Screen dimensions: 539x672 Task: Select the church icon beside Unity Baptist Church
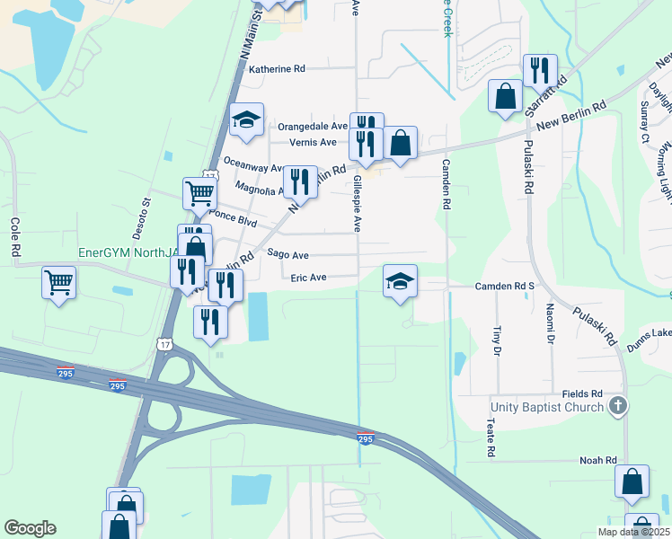click(616, 408)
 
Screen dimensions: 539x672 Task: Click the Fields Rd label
click(582, 394)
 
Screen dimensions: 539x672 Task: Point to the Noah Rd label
click(598, 460)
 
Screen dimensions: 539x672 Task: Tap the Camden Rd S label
click(504, 287)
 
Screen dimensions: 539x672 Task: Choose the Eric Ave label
click(308, 278)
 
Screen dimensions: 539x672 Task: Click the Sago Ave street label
click(287, 255)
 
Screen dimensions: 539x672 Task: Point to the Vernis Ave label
click(313, 142)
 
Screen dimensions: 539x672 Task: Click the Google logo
click(30, 528)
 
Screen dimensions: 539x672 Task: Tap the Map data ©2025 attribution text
click(633, 532)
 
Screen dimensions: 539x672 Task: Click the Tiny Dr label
click(495, 340)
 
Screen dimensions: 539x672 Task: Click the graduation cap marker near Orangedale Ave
click(246, 121)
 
